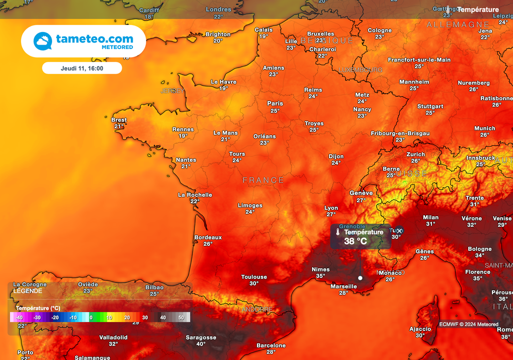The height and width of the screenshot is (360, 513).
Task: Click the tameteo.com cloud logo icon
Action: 43,41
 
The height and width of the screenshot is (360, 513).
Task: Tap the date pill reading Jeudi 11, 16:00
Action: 82,68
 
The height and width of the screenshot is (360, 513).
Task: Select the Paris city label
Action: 275,104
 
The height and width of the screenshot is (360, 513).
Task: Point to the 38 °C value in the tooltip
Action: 355,241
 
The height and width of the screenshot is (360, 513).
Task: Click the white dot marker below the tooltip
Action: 360,277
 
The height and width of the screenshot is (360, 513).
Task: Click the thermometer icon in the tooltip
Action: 338,232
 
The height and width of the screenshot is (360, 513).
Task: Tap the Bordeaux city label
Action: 208,237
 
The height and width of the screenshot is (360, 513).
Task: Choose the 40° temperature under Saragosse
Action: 201,344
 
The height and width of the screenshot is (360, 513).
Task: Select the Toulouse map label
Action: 254,277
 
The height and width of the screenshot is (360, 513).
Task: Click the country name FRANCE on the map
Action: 264,180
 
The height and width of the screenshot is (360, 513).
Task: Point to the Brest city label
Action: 119,120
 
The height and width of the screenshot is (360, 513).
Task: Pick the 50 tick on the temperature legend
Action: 181,317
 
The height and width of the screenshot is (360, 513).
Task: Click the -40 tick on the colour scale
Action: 19,317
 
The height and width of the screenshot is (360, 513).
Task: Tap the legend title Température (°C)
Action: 38,308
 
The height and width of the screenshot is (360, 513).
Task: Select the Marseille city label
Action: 344,286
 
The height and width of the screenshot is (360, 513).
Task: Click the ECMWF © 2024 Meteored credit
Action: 469,324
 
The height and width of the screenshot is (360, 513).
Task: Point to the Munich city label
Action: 484,128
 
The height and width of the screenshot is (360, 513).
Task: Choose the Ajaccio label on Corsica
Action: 420,329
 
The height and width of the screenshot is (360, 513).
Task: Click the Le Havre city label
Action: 223,82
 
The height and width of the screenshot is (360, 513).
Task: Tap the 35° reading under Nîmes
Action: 321,275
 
